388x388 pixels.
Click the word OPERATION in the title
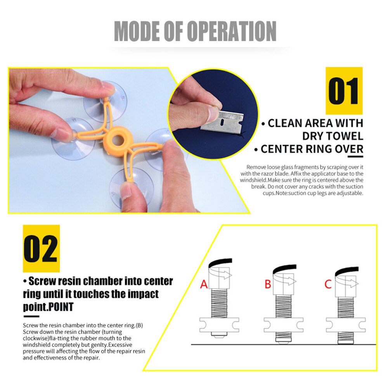[x=232, y=31]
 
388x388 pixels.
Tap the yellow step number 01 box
[x=344, y=90]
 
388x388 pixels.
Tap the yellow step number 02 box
[x=42, y=248]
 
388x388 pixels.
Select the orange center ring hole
[x=118, y=140]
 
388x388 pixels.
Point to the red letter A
[x=204, y=284]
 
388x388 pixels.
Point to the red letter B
[x=268, y=284]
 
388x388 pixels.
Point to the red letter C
[x=328, y=284]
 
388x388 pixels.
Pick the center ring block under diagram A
[x=219, y=325]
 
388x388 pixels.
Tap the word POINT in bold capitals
[x=60, y=307]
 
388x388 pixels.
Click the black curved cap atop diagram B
[x=284, y=268]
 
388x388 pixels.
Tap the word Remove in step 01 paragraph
[x=255, y=167]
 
